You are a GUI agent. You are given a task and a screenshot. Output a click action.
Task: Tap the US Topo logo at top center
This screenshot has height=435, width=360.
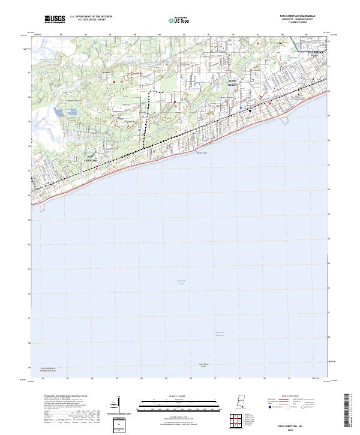(x=181, y=20)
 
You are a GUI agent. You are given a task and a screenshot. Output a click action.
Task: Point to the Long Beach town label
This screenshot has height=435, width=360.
(x=233, y=83)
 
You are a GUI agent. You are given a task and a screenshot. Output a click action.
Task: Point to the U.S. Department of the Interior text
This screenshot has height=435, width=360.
(x=91, y=17)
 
